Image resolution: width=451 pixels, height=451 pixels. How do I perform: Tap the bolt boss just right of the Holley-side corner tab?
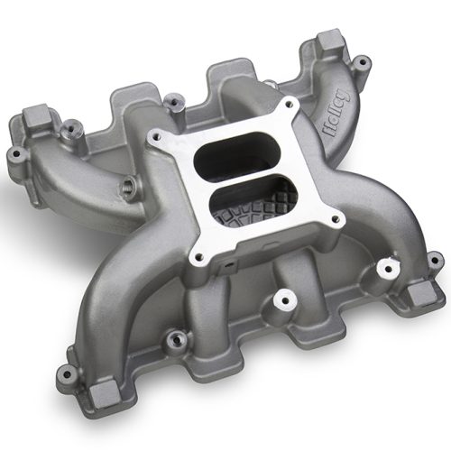click(x=364, y=65)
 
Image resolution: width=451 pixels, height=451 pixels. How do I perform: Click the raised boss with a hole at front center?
click(x=287, y=299)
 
